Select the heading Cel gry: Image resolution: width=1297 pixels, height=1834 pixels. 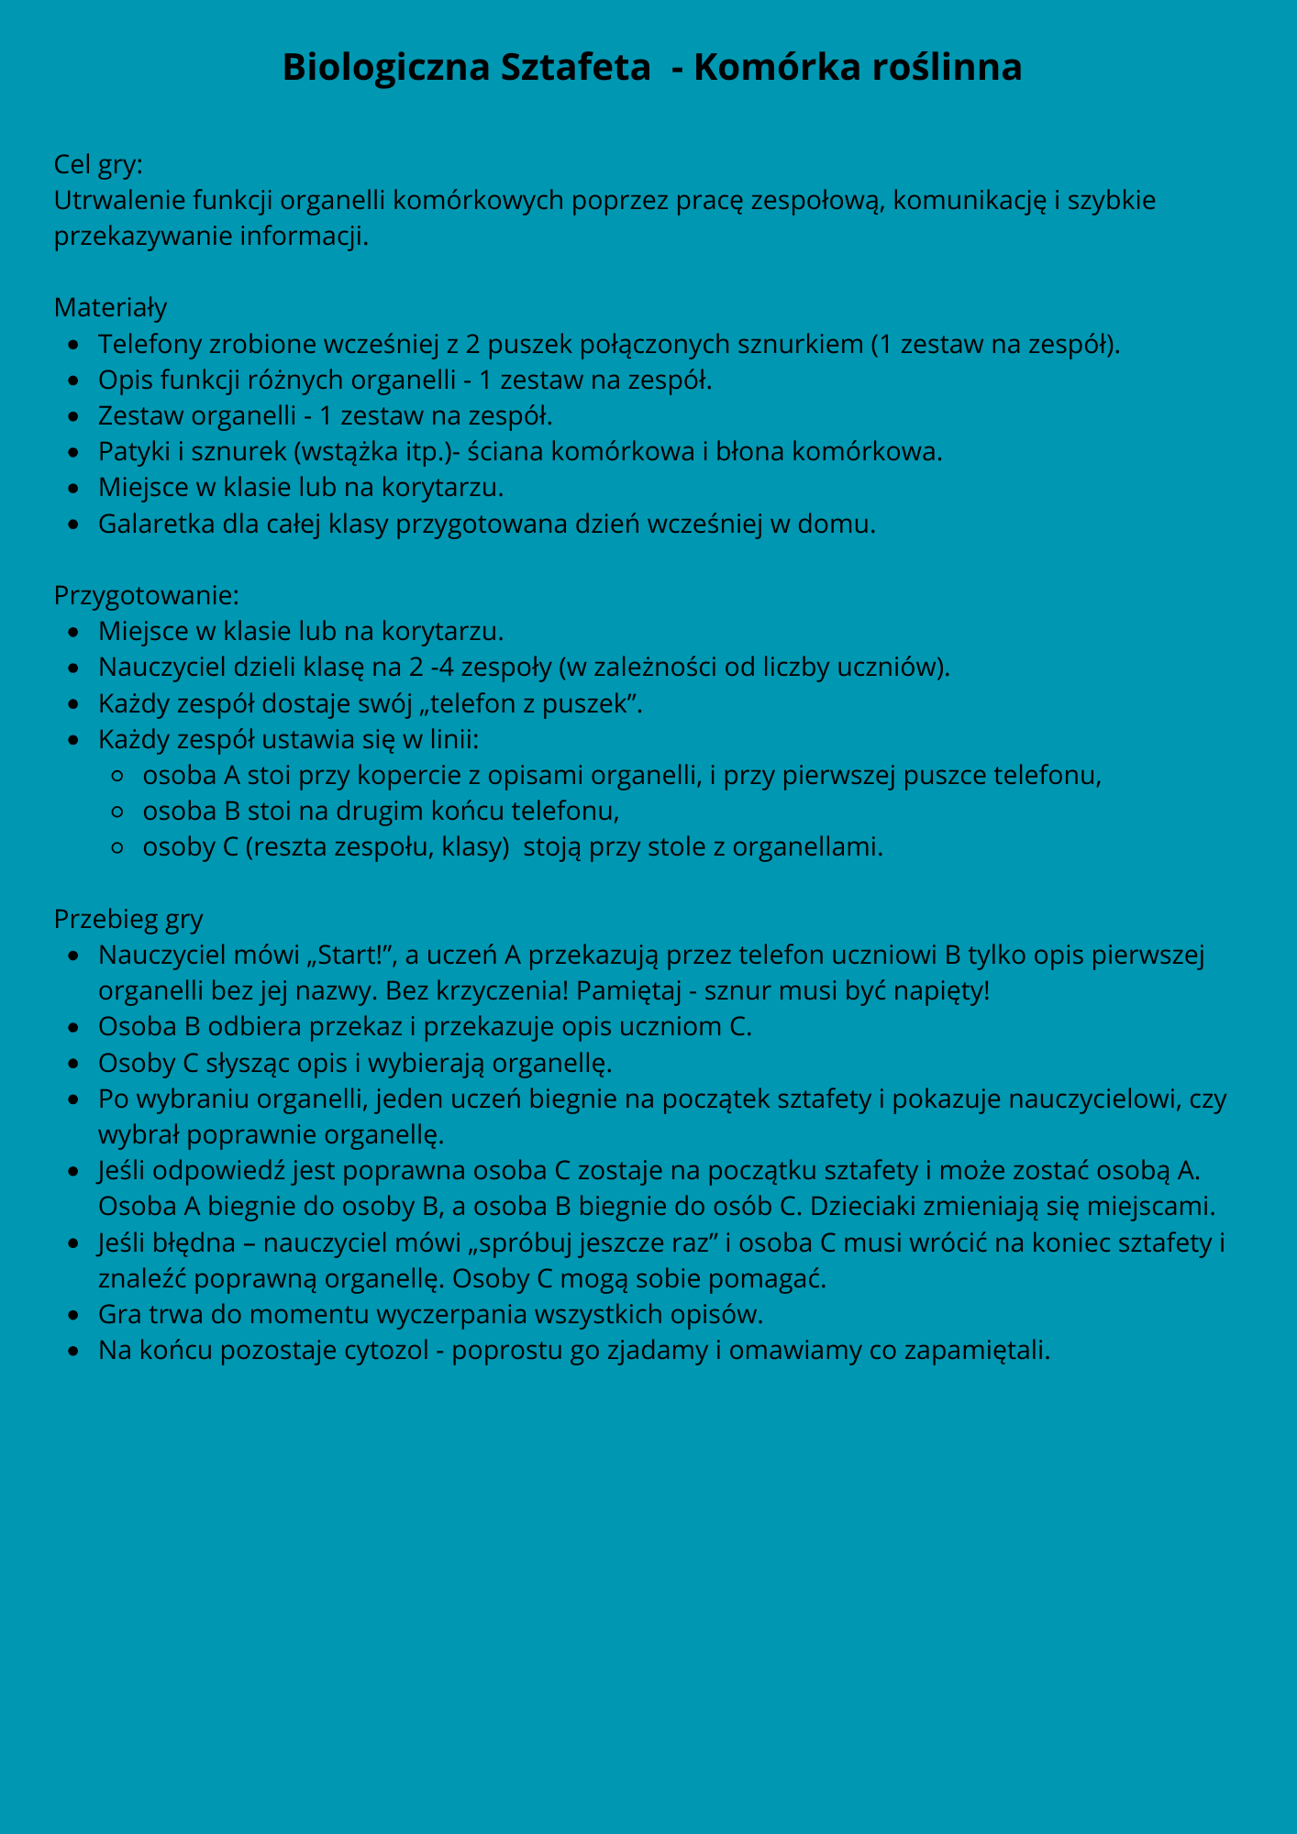click(98, 164)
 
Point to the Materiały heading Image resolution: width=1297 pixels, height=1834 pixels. click(111, 307)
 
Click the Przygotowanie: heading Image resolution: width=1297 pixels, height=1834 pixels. click(147, 595)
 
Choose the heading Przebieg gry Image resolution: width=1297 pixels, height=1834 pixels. click(128, 919)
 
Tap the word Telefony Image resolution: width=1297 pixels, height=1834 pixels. click(150, 344)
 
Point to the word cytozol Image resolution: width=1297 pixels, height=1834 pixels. click(391, 1351)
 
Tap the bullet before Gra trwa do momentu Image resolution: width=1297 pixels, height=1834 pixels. click(75, 1315)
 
